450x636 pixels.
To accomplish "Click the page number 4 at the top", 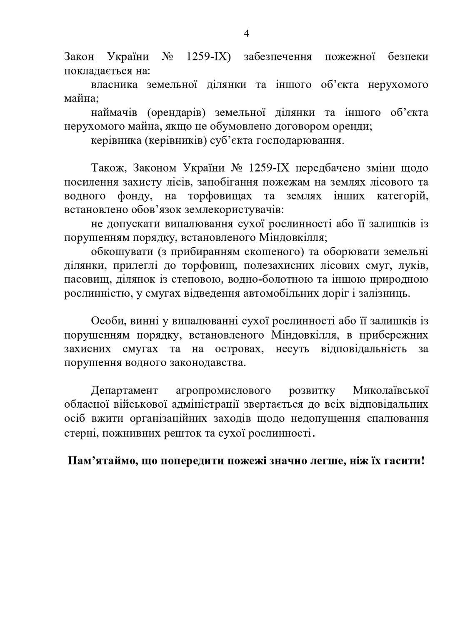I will click(246, 34).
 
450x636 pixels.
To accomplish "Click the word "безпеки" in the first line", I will click(408, 57).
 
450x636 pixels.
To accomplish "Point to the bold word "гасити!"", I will click(404, 461).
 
